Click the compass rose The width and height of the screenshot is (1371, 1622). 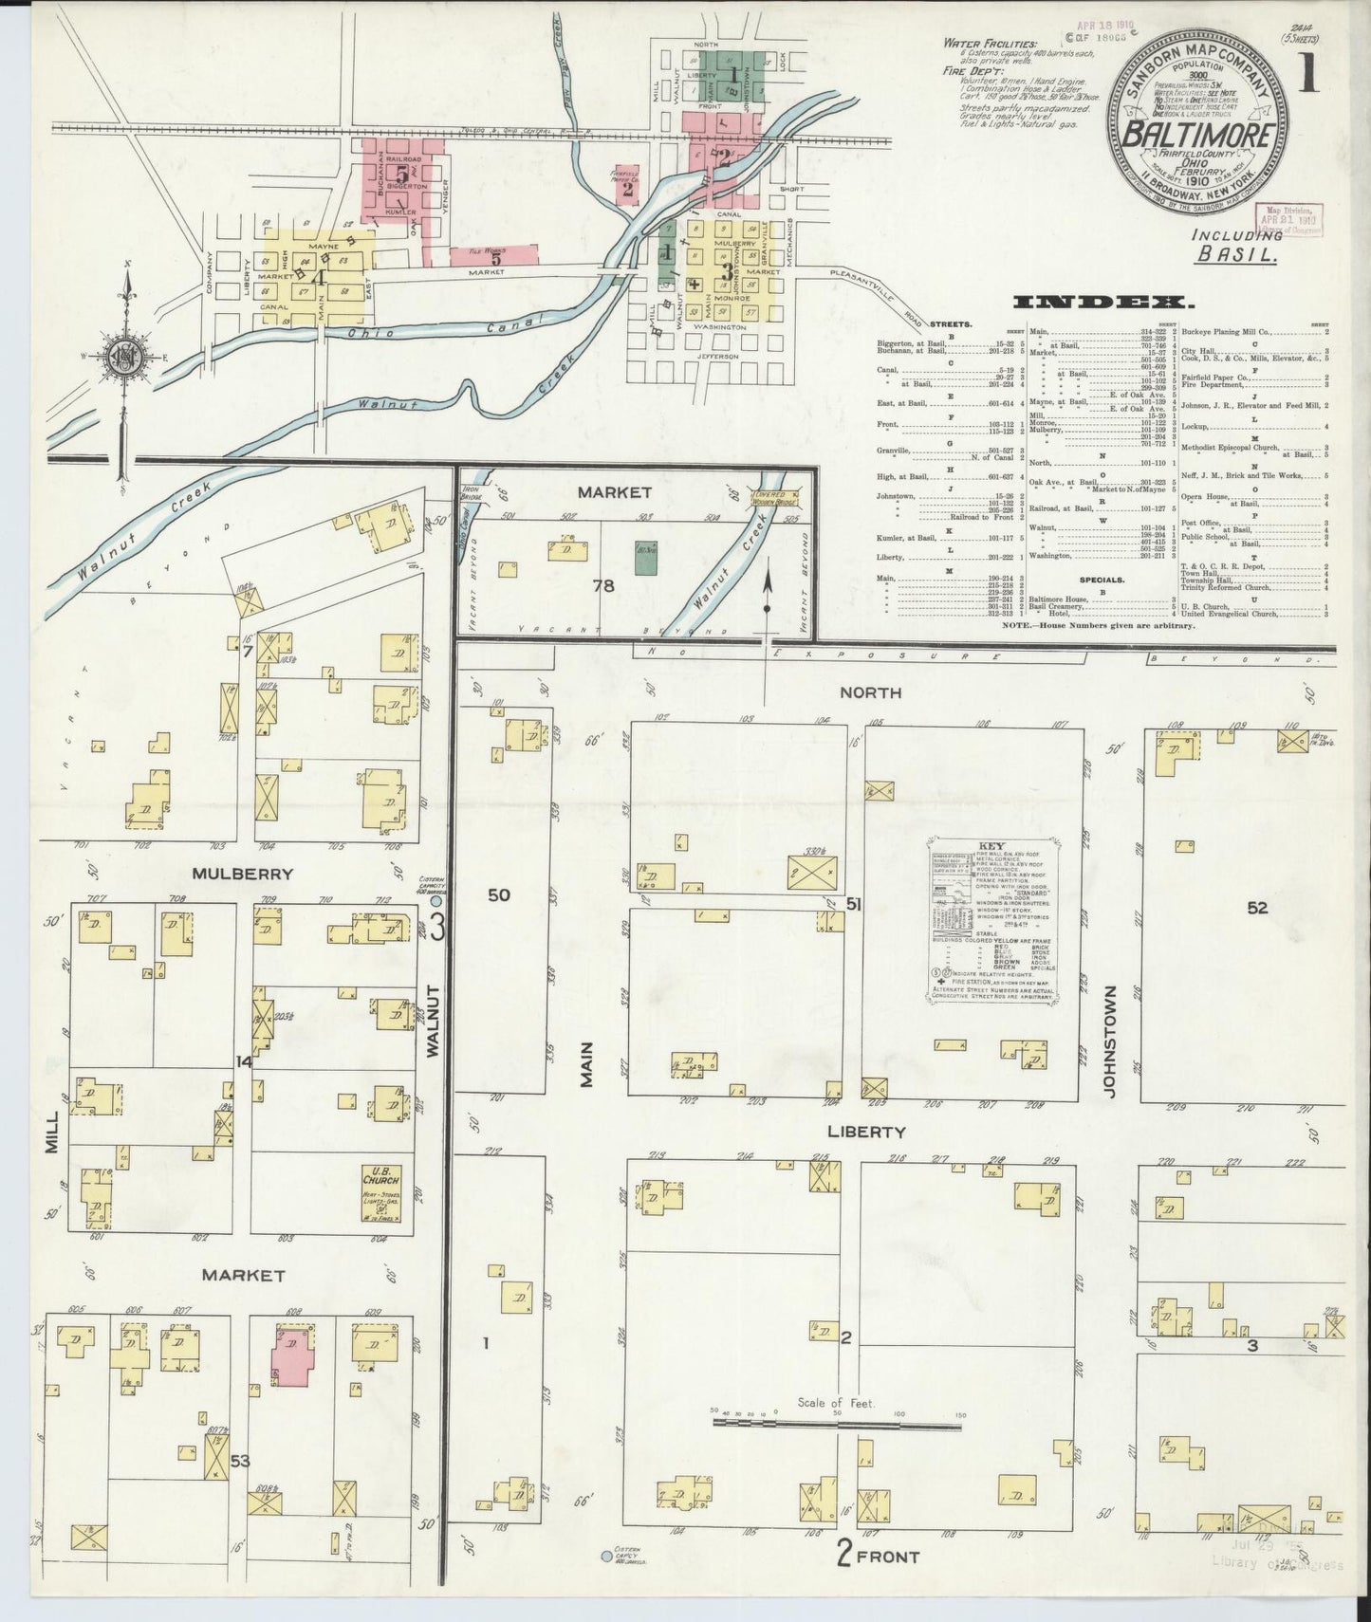pyautogui.click(x=123, y=357)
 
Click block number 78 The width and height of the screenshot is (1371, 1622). pyautogui.click(x=603, y=585)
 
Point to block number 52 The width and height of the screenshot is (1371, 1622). pyautogui.click(x=1257, y=908)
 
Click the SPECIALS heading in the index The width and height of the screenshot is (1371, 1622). pyautogui.click(x=1101, y=579)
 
